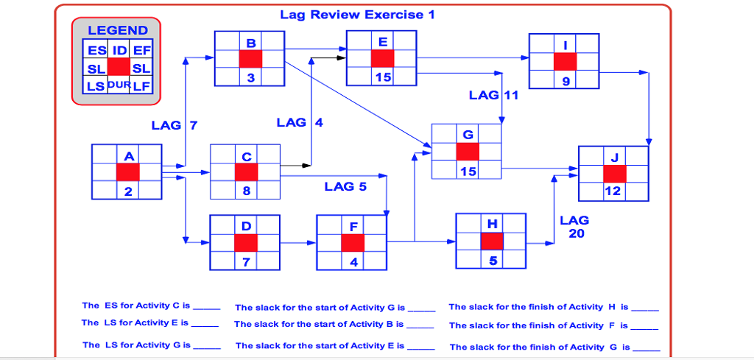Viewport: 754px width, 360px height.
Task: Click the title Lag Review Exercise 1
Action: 352,15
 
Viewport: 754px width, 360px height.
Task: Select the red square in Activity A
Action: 127,172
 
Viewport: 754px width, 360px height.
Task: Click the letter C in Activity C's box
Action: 246,157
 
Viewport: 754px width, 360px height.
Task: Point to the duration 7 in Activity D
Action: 245,261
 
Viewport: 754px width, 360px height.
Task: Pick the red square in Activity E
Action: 382,59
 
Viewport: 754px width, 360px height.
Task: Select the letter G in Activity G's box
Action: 468,135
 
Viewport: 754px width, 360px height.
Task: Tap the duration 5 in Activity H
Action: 492,261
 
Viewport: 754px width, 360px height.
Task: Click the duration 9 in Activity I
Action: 565,81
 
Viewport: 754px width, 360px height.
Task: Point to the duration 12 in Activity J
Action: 613,191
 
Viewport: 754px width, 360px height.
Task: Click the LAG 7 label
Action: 174,125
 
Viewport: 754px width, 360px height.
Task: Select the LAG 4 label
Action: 300,122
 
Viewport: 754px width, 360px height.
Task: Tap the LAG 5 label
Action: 345,186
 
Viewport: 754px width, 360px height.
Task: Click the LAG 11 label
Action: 494,95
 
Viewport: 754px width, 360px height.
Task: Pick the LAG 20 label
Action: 574,227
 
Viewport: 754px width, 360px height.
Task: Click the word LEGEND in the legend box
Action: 118,30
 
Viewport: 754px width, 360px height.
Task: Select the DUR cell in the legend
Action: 119,85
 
